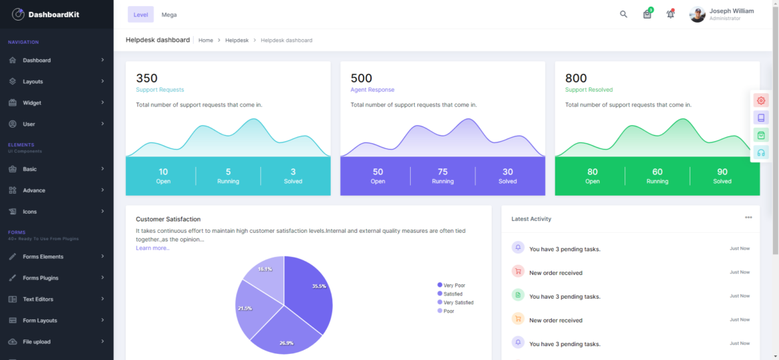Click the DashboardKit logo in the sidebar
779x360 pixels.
[45, 14]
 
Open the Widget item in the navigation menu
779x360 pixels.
[32, 103]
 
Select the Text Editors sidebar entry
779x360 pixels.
[38, 299]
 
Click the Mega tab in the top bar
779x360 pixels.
[169, 15]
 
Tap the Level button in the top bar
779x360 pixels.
[140, 15]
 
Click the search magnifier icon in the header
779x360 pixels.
[623, 15]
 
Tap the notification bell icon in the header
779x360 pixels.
[670, 15]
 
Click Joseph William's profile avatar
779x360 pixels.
[697, 15]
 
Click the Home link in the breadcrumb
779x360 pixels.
[206, 41]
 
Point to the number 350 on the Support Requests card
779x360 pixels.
[146, 79]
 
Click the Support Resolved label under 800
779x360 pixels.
[589, 90]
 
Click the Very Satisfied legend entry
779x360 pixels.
[458, 303]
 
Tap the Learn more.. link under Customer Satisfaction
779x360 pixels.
[152, 248]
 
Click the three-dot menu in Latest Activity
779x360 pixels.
[748, 218]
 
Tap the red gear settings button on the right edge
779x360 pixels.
[761, 100]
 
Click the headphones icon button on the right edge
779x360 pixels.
[761, 152]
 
